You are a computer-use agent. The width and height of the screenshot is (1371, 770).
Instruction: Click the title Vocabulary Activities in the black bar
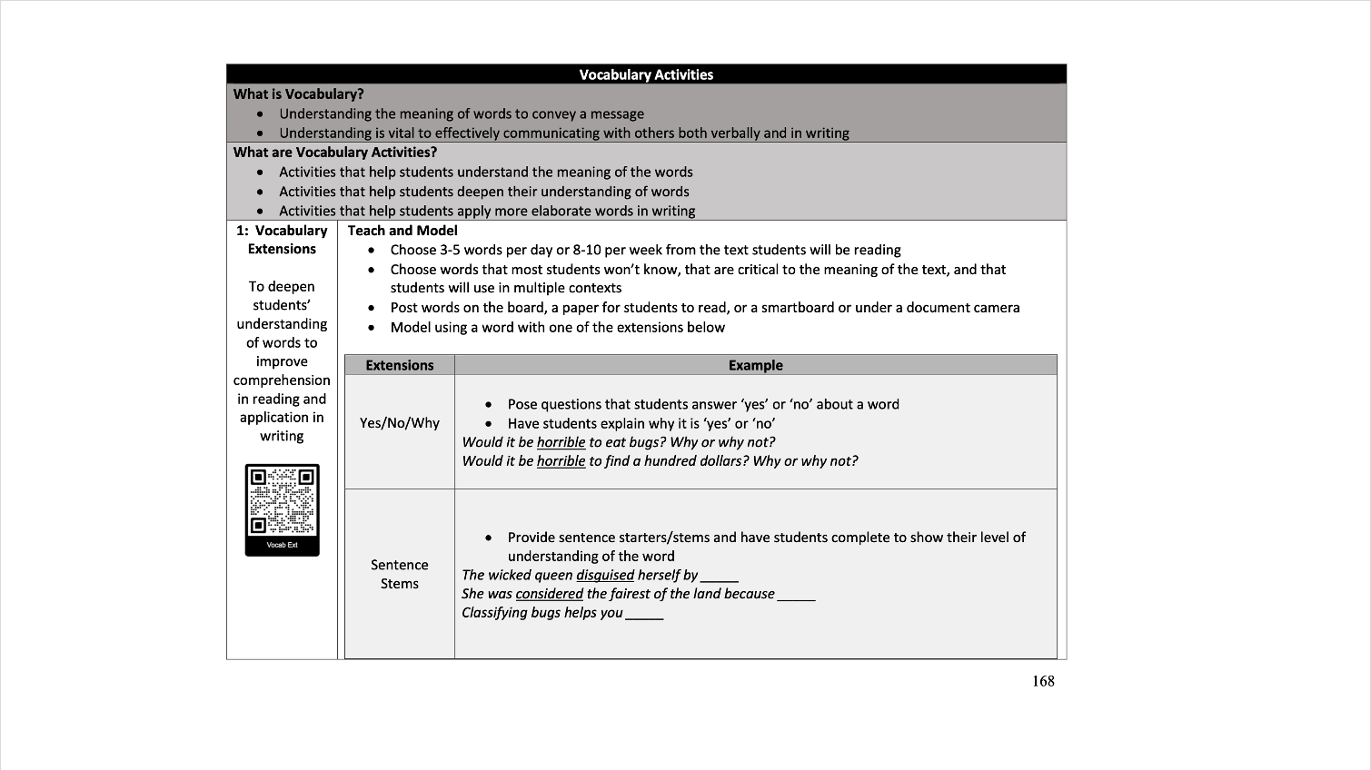646,74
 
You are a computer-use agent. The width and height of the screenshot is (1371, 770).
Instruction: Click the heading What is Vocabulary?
298,94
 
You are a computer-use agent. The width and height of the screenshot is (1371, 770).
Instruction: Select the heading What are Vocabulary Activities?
334,152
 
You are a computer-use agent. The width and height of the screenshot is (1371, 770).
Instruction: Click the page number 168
1043,681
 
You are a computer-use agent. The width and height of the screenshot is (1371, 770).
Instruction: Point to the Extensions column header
399,365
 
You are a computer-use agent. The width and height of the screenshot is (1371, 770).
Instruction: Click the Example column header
755,365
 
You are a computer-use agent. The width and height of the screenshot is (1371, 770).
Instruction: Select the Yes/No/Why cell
399,423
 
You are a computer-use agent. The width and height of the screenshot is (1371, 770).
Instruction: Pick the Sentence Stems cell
399,574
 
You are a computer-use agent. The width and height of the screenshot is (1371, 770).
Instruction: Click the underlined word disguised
605,575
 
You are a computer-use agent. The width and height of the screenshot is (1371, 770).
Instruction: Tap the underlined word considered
549,594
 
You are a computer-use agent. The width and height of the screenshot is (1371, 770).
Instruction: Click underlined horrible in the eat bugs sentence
561,442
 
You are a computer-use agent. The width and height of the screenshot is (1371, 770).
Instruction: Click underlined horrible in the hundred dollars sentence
561,461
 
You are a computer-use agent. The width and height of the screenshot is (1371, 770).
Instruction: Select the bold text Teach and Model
402,231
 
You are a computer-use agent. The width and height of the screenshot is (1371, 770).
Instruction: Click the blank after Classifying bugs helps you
644,614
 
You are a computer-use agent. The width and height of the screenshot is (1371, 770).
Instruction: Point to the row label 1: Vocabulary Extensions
282,240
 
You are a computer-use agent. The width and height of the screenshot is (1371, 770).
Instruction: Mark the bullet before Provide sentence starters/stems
490,538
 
